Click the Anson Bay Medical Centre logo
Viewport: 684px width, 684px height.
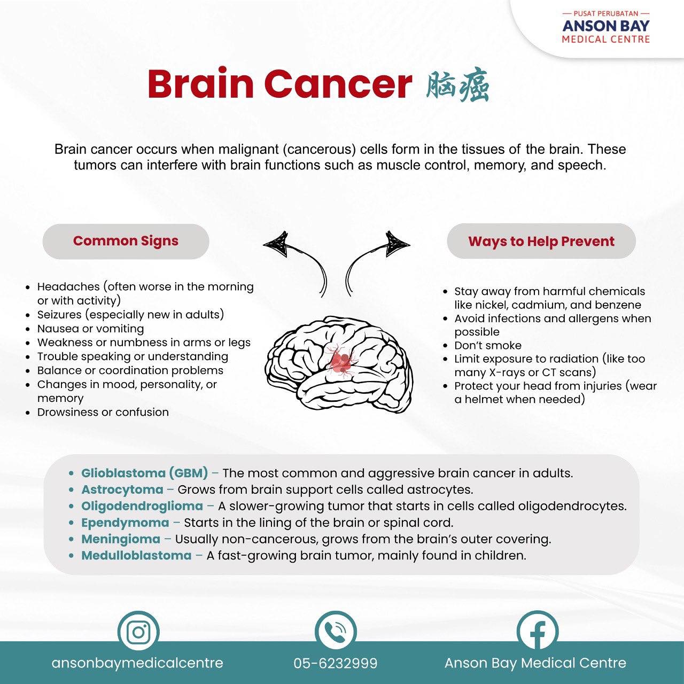605,27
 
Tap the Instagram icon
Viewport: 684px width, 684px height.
138,632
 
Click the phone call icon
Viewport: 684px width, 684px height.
336,632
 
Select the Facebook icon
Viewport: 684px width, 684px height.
538,632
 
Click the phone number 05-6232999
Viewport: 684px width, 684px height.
336,663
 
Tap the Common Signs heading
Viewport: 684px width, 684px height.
126,241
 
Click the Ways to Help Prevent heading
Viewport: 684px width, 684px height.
541,242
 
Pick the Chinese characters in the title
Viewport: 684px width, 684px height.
457,86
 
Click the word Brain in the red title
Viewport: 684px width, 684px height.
200,84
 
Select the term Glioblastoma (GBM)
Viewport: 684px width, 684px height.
144,473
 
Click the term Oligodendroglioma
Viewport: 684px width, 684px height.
142,506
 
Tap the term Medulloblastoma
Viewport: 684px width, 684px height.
136,556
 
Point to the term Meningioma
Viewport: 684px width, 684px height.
121,539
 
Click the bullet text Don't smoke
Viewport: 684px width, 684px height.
488,345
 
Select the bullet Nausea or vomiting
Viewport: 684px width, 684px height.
90,329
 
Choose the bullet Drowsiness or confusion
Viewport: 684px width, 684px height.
103,412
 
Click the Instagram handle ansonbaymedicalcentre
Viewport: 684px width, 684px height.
137,663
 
